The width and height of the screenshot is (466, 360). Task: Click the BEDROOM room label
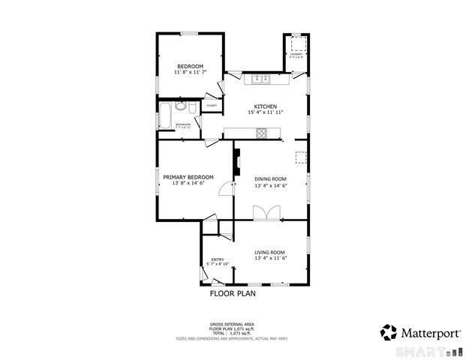(x=190, y=66)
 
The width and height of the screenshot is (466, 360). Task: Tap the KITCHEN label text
(x=266, y=106)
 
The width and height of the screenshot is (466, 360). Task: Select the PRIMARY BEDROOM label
(x=188, y=177)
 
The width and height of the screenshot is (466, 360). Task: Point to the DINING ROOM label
(x=271, y=178)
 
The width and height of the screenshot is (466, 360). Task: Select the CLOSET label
(x=212, y=106)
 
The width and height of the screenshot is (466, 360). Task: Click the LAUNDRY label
(x=296, y=54)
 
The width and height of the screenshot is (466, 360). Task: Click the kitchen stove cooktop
(x=262, y=134)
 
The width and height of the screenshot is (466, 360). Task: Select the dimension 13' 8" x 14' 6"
(x=188, y=184)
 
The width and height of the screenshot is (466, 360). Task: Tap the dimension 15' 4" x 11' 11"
(x=266, y=112)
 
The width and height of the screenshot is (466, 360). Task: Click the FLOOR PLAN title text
(x=233, y=294)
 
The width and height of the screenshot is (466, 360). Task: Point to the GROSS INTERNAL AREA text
(x=232, y=325)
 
